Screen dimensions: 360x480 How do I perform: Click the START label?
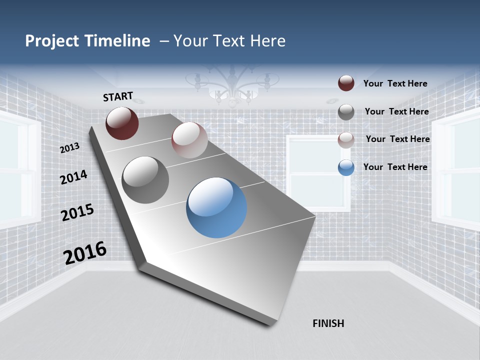[x=118, y=96]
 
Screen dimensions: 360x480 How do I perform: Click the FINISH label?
[x=328, y=323]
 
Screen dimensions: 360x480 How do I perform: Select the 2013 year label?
[x=69, y=147]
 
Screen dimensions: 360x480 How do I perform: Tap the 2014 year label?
[x=73, y=177]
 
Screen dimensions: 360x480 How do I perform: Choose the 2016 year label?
[x=85, y=253]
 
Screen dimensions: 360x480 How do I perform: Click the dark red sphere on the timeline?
[x=122, y=123]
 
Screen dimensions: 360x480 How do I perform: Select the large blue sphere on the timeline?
[x=216, y=207]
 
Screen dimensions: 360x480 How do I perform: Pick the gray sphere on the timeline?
[x=145, y=180]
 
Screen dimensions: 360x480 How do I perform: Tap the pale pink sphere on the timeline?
[x=189, y=140]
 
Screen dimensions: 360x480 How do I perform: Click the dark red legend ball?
[x=346, y=83]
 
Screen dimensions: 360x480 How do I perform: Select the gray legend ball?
[x=346, y=112]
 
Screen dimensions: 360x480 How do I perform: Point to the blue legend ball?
[x=346, y=167]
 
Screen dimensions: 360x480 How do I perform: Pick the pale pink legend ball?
[x=346, y=139]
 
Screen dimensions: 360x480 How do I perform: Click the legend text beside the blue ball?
[x=395, y=167]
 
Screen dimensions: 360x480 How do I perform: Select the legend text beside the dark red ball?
[x=395, y=83]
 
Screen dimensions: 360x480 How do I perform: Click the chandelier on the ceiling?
[x=232, y=85]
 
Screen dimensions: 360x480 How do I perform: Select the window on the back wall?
[x=318, y=165]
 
